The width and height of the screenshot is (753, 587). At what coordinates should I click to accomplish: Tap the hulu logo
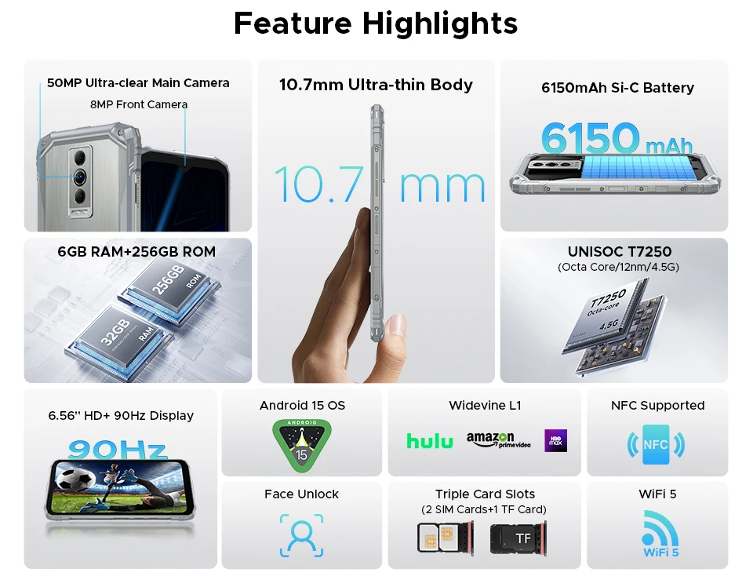[x=430, y=441]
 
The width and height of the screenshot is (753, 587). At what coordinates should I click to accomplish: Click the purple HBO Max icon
[x=555, y=440]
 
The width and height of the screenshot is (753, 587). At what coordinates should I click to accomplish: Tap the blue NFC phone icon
[x=656, y=444]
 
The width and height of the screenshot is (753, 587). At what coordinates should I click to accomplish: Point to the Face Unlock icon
[x=301, y=535]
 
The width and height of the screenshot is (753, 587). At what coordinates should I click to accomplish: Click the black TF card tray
[x=518, y=538]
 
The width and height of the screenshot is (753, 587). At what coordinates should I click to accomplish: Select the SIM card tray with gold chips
[x=446, y=537]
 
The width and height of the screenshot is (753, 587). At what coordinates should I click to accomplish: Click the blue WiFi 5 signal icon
[x=660, y=534]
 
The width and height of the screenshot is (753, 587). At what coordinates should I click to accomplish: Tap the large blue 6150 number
[x=590, y=138]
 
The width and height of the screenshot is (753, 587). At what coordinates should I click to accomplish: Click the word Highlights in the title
[x=440, y=24]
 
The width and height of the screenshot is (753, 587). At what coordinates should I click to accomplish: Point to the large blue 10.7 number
[x=319, y=184]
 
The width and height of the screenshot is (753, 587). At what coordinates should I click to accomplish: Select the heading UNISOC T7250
[x=620, y=252]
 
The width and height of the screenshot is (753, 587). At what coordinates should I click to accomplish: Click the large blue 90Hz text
[x=118, y=449]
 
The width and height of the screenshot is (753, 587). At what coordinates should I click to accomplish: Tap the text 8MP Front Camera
[x=139, y=104]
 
